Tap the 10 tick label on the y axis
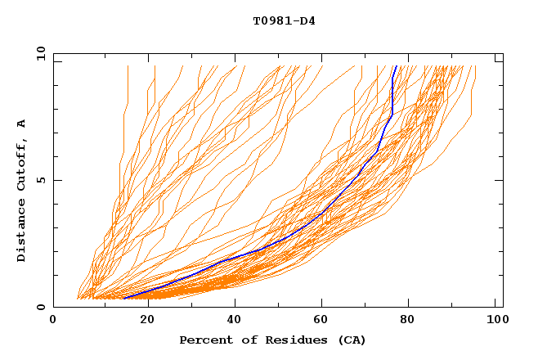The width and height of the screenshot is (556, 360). pos(39,53)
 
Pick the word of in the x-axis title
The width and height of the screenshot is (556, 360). pos(241,340)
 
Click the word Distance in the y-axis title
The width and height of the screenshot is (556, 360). pos(21,229)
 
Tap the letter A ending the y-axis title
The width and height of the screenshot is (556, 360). pos(21,123)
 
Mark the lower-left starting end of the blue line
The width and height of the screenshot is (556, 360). pos(123,298)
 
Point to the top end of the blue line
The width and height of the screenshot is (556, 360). pos(397,66)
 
